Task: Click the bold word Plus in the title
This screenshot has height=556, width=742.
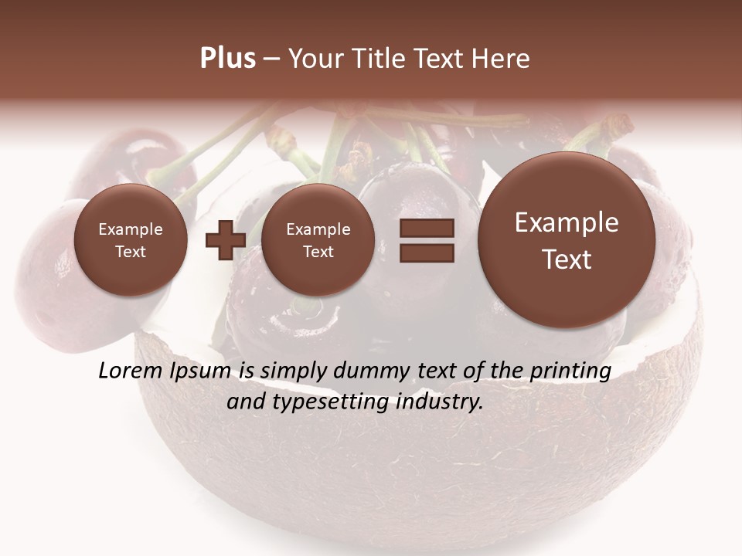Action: click(x=227, y=59)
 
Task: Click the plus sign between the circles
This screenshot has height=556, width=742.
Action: click(x=226, y=239)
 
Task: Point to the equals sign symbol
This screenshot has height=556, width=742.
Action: click(x=427, y=240)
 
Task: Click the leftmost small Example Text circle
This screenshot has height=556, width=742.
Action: click(x=131, y=240)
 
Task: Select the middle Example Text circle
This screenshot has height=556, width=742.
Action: click(x=318, y=240)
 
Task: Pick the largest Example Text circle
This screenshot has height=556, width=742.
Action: click(x=567, y=240)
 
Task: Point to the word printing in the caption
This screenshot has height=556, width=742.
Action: click(x=569, y=371)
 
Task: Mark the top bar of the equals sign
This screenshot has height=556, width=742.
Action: click(x=427, y=229)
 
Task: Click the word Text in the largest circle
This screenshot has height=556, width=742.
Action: click(x=567, y=259)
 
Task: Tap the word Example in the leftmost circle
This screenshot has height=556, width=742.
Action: click(x=131, y=229)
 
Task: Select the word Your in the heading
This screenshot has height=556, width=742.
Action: click(x=315, y=59)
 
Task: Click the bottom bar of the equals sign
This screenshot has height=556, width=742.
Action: click(x=427, y=253)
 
